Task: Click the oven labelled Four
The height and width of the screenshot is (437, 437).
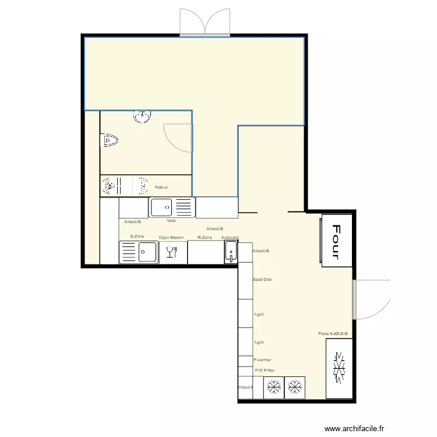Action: (x=336, y=241)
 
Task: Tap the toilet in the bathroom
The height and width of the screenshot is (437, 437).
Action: (x=110, y=140)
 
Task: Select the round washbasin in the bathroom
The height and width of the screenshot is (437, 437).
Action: (x=142, y=117)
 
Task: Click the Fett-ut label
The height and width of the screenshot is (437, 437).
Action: (x=161, y=187)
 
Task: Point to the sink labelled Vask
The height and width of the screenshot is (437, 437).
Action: (x=171, y=207)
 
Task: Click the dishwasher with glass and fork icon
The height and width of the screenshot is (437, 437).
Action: (x=172, y=252)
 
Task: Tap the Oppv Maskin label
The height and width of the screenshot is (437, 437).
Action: (x=171, y=238)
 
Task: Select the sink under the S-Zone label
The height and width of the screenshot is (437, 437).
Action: (x=139, y=252)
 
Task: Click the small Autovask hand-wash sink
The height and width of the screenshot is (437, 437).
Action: (x=231, y=253)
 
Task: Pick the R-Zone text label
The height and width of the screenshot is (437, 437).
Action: (x=205, y=238)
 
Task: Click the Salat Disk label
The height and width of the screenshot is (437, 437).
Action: (x=262, y=280)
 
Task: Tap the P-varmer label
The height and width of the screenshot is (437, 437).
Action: (x=262, y=360)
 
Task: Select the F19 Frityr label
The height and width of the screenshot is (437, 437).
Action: (x=265, y=370)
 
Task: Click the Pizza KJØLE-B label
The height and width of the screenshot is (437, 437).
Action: (x=333, y=334)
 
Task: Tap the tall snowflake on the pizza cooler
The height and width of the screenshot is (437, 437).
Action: (x=339, y=369)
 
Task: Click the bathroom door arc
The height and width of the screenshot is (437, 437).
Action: (x=177, y=138)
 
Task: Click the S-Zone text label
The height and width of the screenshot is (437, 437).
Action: (x=137, y=237)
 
